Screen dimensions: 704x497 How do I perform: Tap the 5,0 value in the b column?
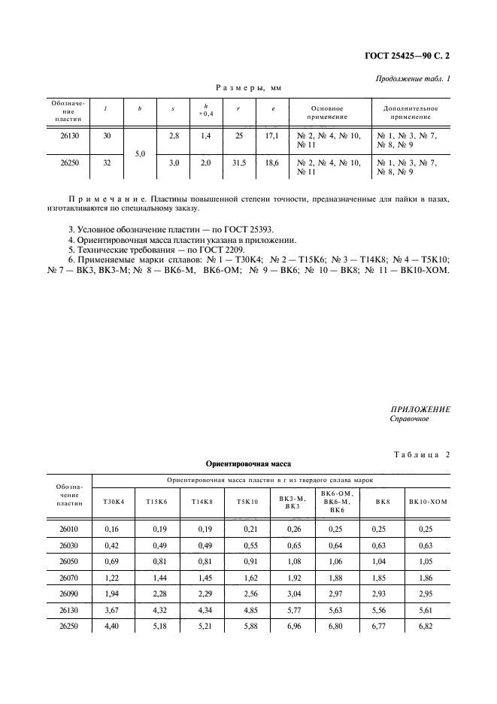tap(140, 153)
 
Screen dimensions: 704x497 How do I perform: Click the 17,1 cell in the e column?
tap(272, 135)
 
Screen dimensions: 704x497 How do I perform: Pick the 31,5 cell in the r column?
tap(238, 162)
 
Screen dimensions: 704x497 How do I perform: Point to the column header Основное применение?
tap(327, 113)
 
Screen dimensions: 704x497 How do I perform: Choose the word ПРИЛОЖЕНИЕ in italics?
tap(420, 408)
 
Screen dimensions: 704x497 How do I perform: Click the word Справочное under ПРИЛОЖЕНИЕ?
tap(410, 419)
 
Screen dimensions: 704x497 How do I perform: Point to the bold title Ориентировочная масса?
tap(248, 465)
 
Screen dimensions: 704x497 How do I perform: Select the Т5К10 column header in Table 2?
tap(247, 501)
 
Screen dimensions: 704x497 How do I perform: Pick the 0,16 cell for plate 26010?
tap(113, 530)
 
